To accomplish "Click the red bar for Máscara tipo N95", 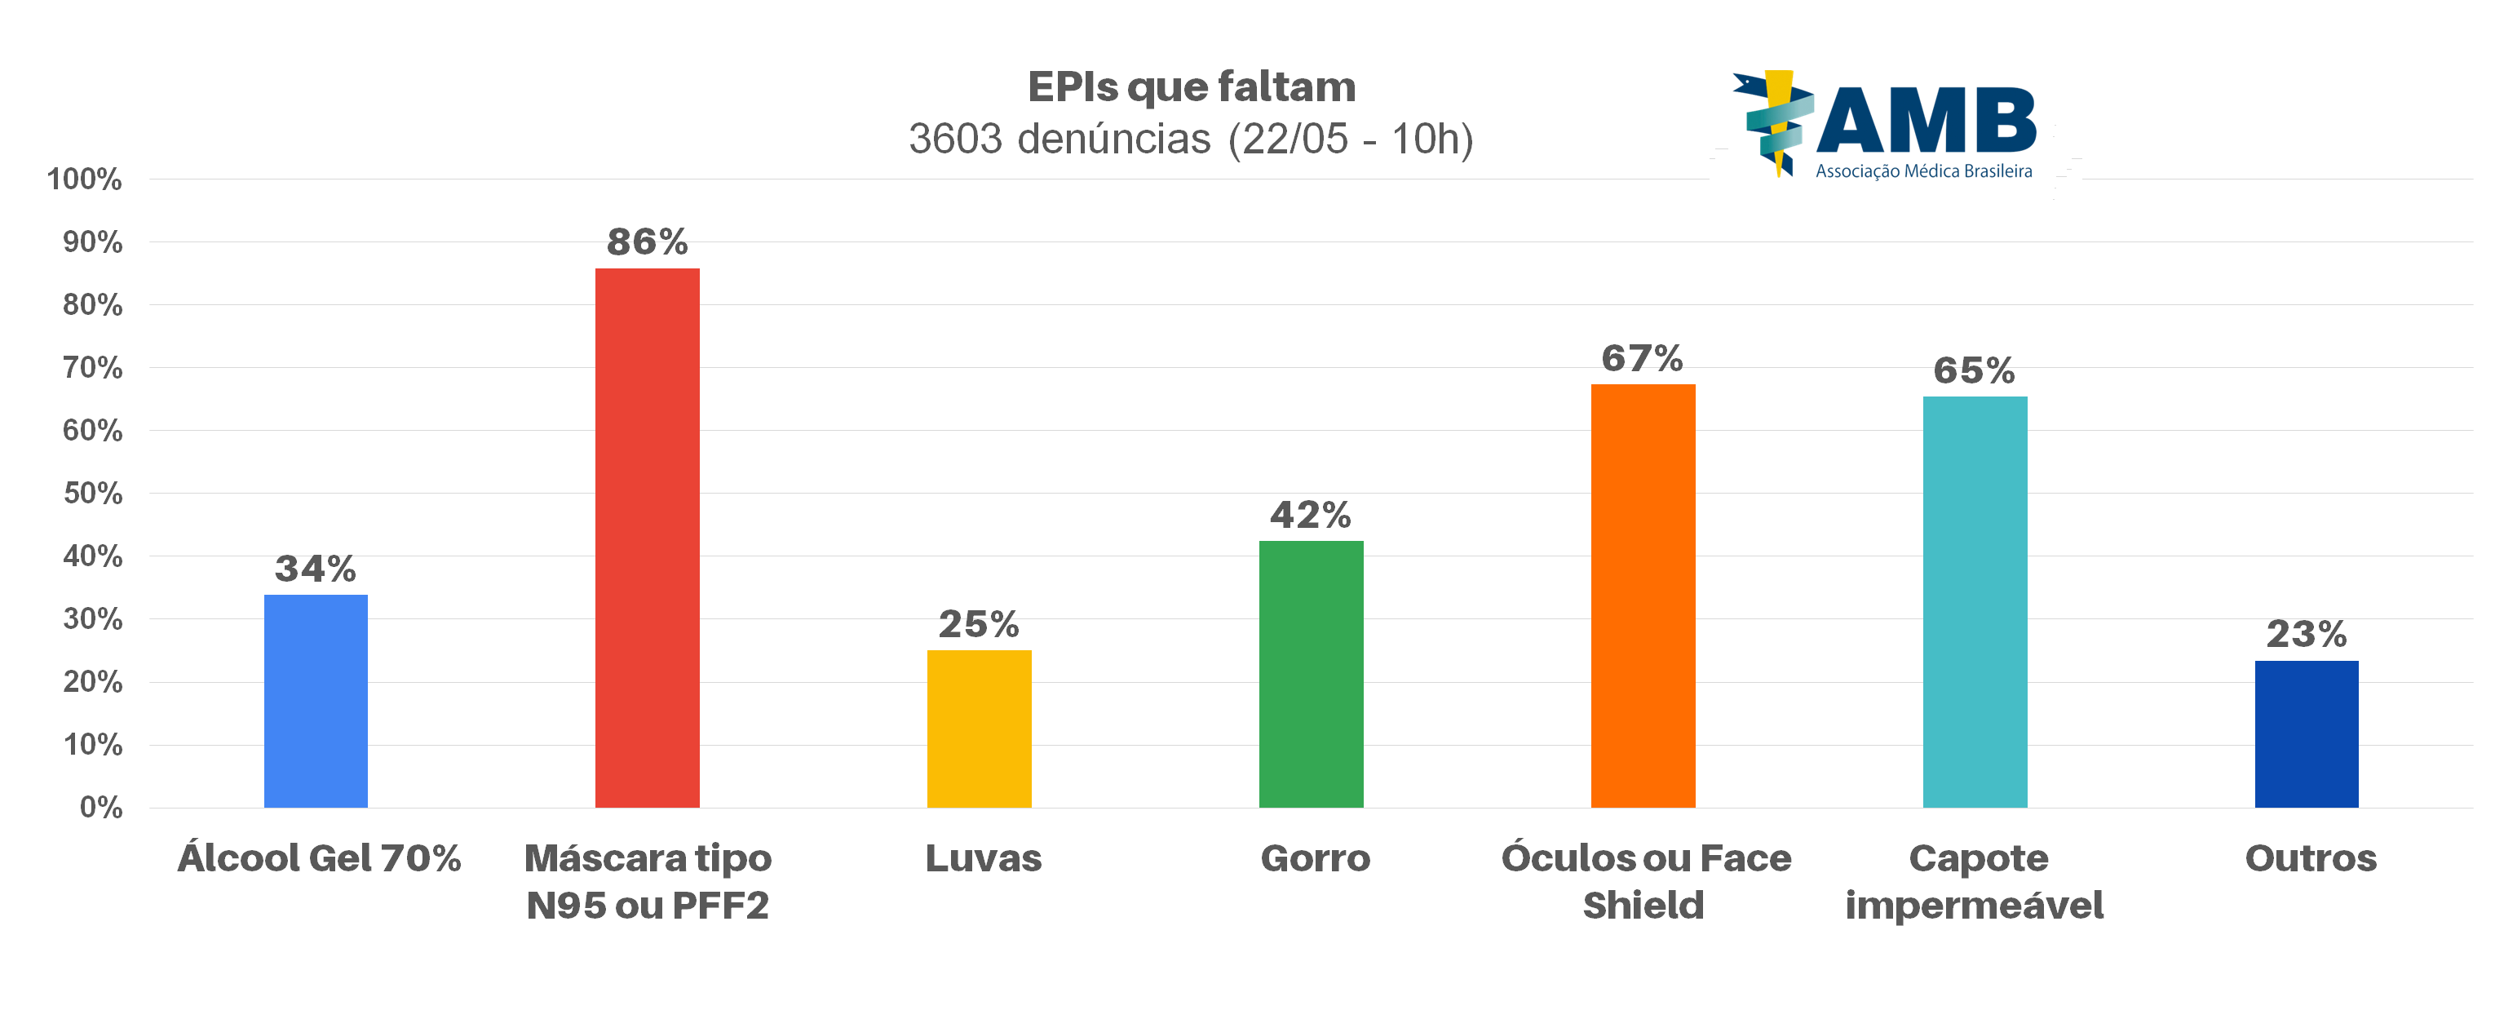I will pyautogui.click(x=647, y=538).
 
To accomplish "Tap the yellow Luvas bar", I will pyautogui.click(x=980, y=729).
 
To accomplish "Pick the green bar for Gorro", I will pyautogui.click(x=1311, y=674).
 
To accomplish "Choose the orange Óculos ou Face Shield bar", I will pyautogui.click(x=1643, y=596).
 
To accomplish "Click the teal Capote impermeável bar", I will pyautogui.click(x=1975, y=601).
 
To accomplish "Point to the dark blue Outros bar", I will pyautogui.click(x=2306, y=734).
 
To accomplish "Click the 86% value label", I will pyautogui.click(x=647, y=242).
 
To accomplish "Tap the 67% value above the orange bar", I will pyautogui.click(x=1642, y=358).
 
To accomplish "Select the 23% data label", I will pyautogui.click(x=2306, y=635).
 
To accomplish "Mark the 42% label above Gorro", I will pyautogui.click(x=1311, y=514).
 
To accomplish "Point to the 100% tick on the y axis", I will pyautogui.click(x=84, y=179).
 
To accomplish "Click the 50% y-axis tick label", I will pyautogui.click(x=93, y=493).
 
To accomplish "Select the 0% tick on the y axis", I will pyautogui.click(x=101, y=807).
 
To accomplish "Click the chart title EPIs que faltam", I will pyautogui.click(x=1192, y=87).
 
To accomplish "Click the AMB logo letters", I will pyautogui.click(x=1926, y=121).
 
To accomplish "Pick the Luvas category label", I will pyautogui.click(x=983, y=858).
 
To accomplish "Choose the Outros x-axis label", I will pyautogui.click(x=2310, y=858).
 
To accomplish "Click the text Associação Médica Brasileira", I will pyautogui.click(x=1923, y=171).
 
